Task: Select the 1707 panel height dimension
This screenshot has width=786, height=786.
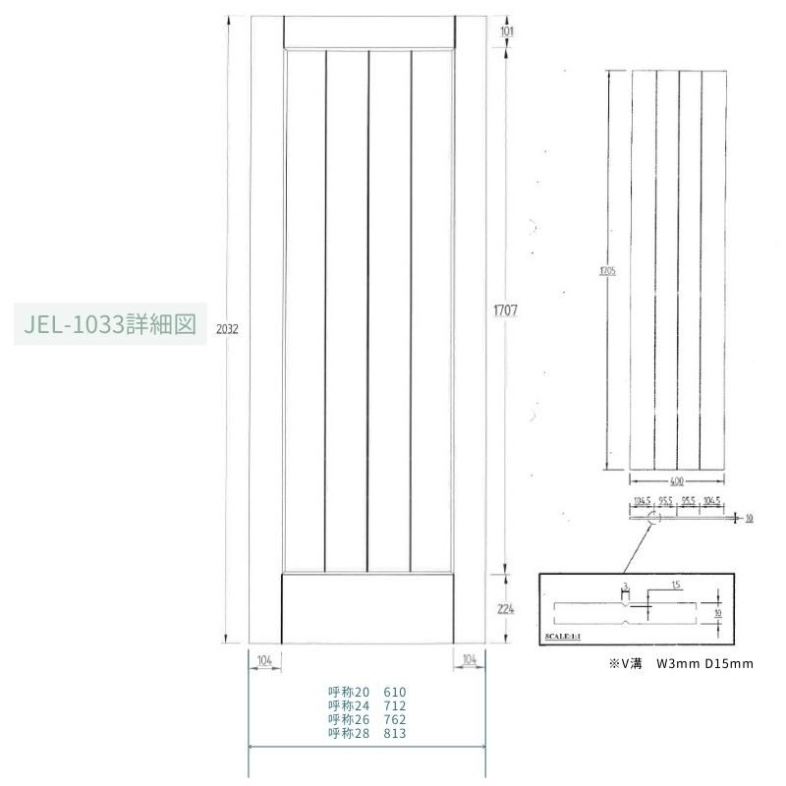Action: (x=505, y=310)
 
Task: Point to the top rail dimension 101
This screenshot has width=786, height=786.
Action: (x=507, y=31)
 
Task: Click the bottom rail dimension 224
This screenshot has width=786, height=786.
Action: (x=506, y=608)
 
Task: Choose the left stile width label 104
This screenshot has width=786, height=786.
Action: (x=263, y=659)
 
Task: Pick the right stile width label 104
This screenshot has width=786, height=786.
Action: (x=468, y=659)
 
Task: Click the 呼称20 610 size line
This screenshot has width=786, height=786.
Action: (x=366, y=692)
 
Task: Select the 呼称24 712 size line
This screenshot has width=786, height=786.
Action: (x=366, y=705)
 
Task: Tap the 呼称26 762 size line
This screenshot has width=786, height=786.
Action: (x=366, y=719)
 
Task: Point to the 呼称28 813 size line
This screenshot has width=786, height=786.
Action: (x=366, y=733)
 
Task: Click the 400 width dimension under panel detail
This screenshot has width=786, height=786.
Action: (x=678, y=481)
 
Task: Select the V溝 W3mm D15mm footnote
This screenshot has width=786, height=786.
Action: (x=681, y=664)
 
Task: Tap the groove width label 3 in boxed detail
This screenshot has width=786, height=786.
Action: (x=625, y=586)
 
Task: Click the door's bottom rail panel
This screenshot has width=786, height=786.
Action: (x=367, y=608)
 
